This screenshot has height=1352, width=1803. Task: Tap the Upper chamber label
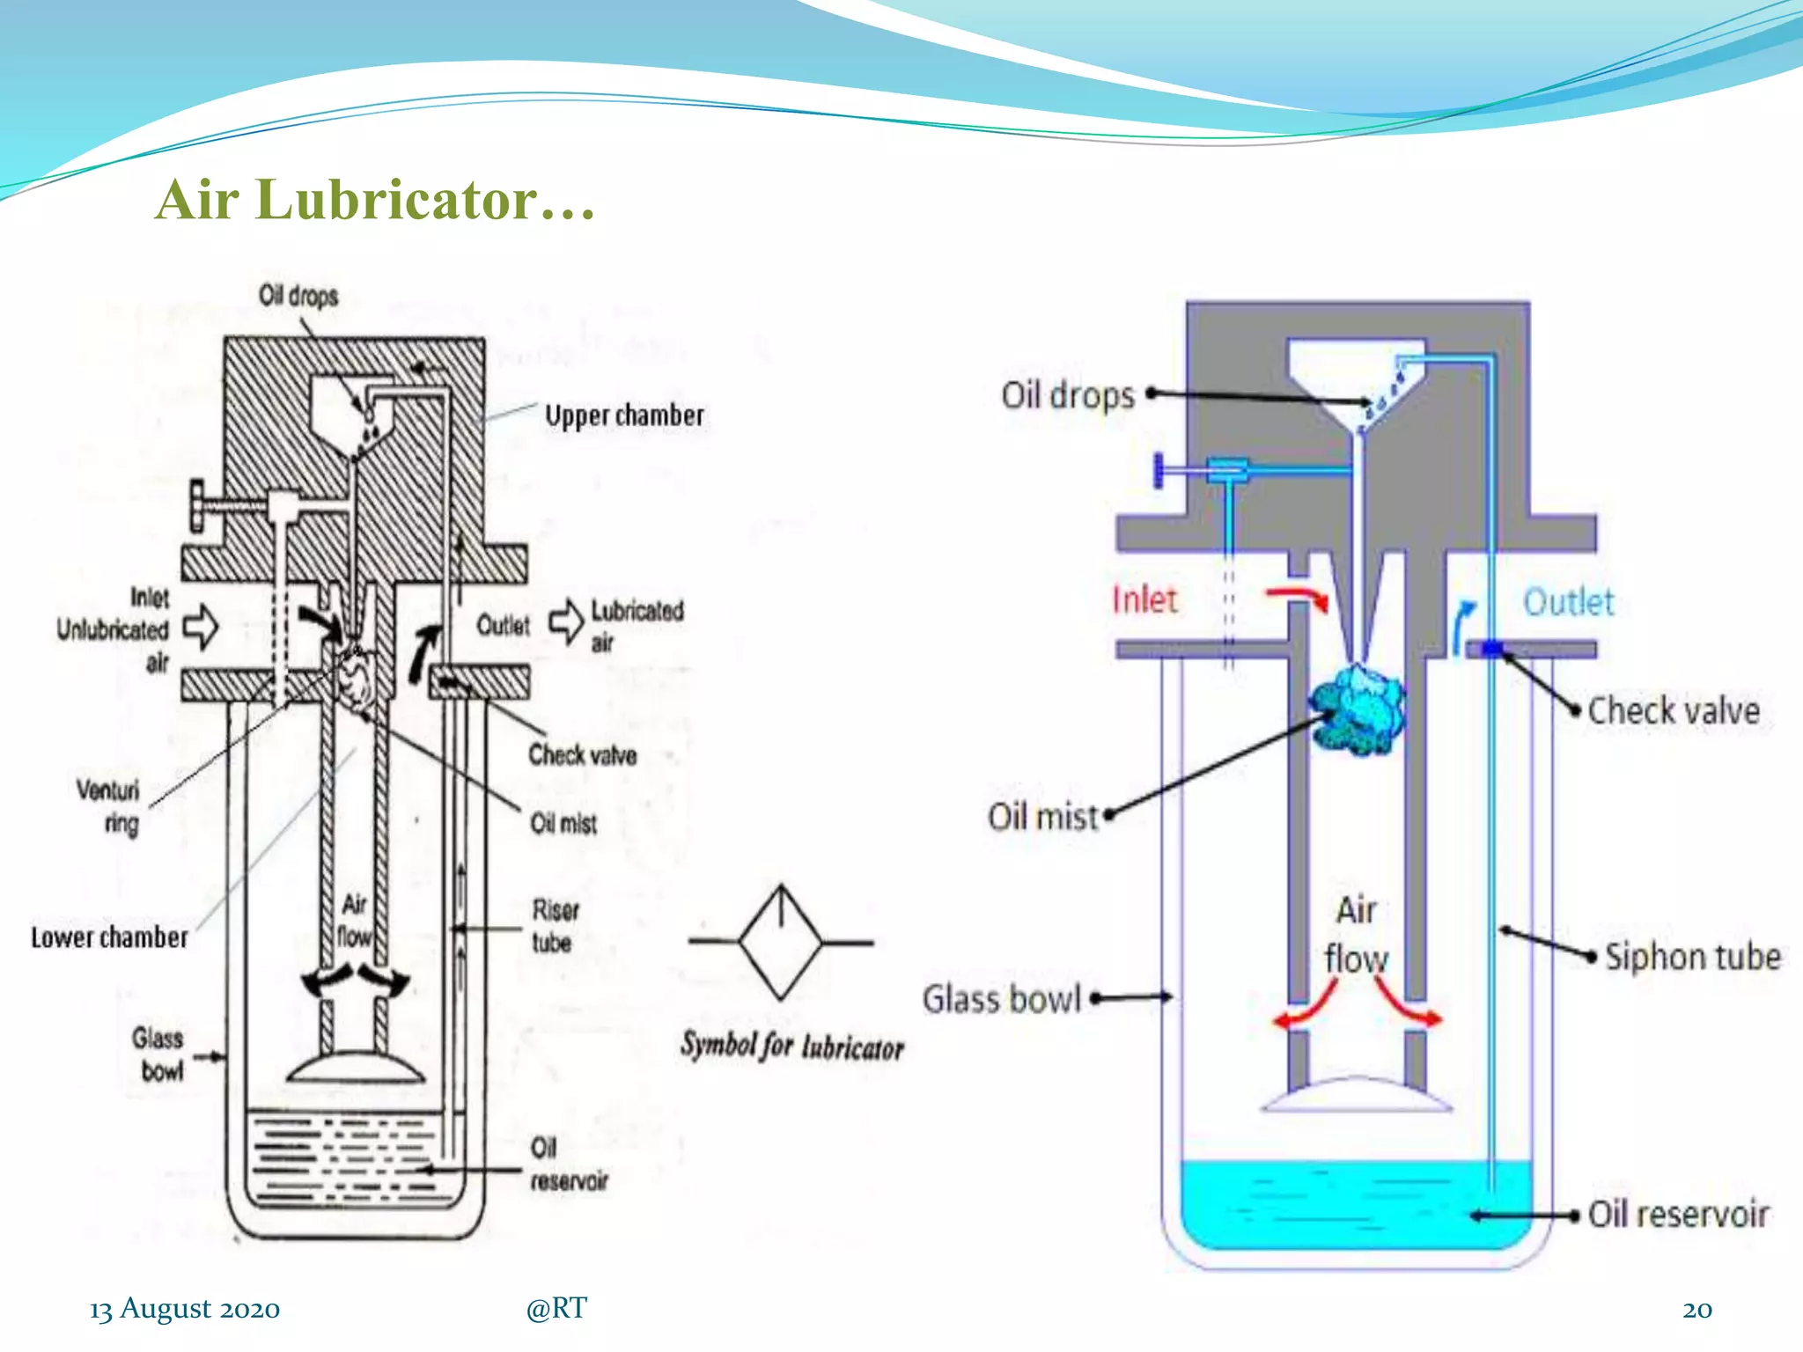(x=624, y=415)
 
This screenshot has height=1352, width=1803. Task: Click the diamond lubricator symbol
(x=780, y=943)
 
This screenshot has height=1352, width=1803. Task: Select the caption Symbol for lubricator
(x=792, y=1047)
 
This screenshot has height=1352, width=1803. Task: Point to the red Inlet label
(x=1144, y=600)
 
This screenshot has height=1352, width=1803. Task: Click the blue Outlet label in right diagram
(x=1569, y=603)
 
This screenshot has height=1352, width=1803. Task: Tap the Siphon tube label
(x=1692, y=957)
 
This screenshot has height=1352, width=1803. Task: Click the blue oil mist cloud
(x=1357, y=709)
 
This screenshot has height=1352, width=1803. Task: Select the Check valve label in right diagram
(x=1674, y=711)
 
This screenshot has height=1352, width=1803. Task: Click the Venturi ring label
(x=109, y=806)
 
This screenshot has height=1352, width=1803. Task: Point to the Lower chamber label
(x=110, y=937)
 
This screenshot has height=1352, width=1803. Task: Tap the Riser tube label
(x=555, y=926)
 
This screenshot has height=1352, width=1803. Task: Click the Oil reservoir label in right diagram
(x=1678, y=1215)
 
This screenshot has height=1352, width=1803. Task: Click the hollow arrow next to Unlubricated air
(x=202, y=627)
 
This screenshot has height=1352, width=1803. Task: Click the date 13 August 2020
(x=185, y=1309)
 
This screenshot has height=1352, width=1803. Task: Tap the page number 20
(x=1696, y=1310)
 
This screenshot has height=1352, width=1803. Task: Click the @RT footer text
(x=556, y=1308)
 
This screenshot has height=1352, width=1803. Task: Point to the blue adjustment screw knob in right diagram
(x=1160, y=470)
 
